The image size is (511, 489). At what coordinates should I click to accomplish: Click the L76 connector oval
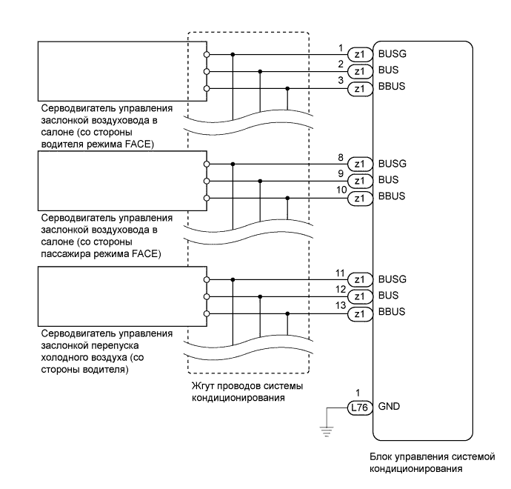coord(361,406)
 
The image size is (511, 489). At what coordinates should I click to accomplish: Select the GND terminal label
coord(388,406)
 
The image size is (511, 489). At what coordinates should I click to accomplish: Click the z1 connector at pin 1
coord(360,54)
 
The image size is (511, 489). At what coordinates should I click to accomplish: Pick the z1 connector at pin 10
coord(360,198)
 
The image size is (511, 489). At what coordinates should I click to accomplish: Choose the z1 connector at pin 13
coord(360,314)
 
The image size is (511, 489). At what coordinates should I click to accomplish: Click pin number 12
coord(341,289)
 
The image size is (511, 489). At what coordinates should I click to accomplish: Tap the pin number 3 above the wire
coord(341,81)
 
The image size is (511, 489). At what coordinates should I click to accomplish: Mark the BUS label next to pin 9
coord(388,181)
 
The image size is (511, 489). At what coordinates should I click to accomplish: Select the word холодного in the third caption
coord(71,358)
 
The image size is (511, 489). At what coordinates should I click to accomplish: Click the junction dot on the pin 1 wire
coord(233,54)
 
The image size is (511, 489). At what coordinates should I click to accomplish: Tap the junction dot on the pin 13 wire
coord(287,314)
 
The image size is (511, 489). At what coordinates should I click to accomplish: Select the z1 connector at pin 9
coord(360,181)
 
